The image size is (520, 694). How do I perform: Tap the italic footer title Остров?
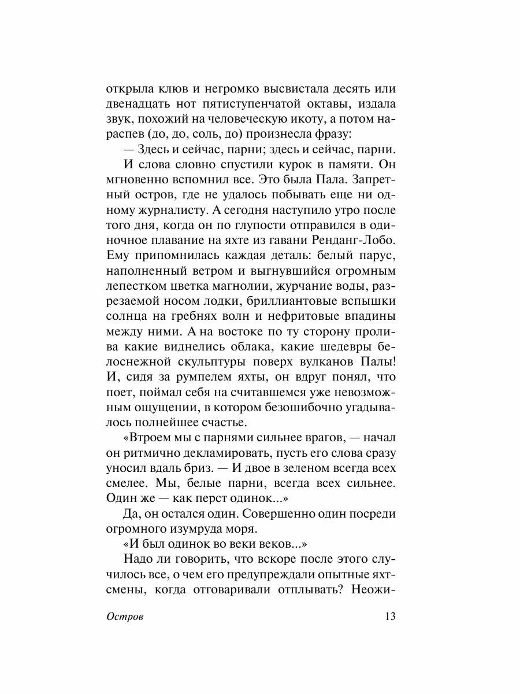pos(125,617)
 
